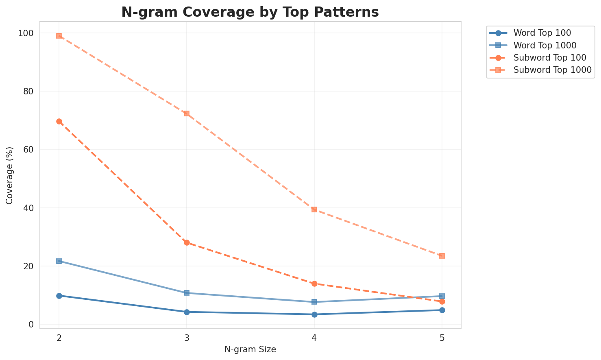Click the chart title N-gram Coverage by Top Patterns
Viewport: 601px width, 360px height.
tap(250, 12)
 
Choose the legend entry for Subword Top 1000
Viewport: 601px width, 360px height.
tap(552, 70)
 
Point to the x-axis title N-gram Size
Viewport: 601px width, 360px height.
tap(250, 349)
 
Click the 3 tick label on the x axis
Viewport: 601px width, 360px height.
tap(187, 338)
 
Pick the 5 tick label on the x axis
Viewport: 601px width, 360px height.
tap(442, 338)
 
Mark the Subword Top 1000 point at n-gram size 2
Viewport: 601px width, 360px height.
tap(59, 36)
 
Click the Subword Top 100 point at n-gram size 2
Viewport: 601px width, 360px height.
tap(59, 122)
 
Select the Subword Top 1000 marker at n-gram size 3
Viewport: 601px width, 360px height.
tap(187, 113)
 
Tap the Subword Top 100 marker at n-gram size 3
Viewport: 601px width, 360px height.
tap(187, 242)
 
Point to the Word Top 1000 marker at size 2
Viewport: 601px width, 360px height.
tap(59, 261)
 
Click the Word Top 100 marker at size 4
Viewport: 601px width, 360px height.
tap(314, 314)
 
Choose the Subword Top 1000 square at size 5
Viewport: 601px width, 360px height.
tap(442, 256)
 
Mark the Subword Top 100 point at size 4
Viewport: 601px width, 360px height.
tap(314, 284)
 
